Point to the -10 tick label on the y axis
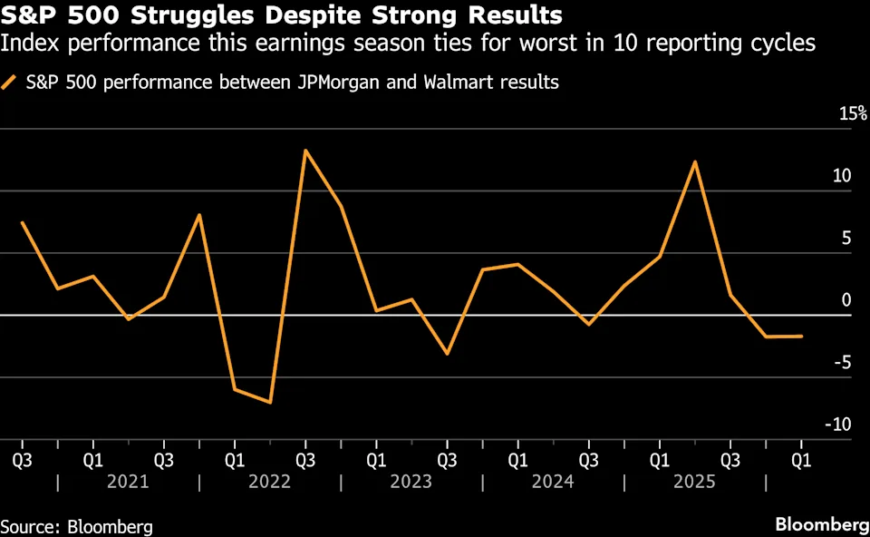[x=839, y=425]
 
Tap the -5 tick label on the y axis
[x=843, y=363]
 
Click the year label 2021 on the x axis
[x=128, y=482]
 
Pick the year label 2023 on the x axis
[x=411, y=482]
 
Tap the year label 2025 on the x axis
[x=693, y=482]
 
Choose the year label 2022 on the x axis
[x=269, y=482]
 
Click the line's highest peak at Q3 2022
[x=305, y=151]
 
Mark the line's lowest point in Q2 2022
[x=270, y=402]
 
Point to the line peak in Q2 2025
[x=695, y=162]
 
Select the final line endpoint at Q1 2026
[x=801, y=336]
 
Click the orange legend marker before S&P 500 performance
[x=11, y=83]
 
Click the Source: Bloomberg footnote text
[x=76, y=526]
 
